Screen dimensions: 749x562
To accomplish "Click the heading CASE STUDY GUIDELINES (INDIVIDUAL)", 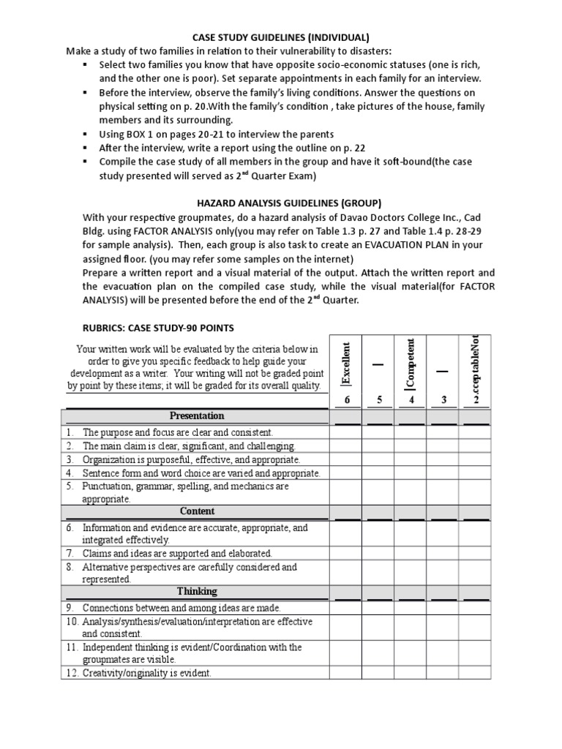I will point(280,37).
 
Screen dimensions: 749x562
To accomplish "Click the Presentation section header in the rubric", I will point(197,416).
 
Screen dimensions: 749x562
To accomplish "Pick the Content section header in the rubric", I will point(197,512).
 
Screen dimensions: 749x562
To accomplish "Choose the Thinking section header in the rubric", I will point(197,591).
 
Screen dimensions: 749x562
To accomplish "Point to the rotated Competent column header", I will point(411,364).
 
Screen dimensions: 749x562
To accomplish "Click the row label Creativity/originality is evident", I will point(146,674).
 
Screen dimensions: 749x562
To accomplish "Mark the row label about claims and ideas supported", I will point(176,554).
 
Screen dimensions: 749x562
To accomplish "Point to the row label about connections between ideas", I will point(181,608).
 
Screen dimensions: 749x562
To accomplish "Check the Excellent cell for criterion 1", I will point(347,433).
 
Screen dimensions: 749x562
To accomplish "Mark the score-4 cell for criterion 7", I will point(411,554).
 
